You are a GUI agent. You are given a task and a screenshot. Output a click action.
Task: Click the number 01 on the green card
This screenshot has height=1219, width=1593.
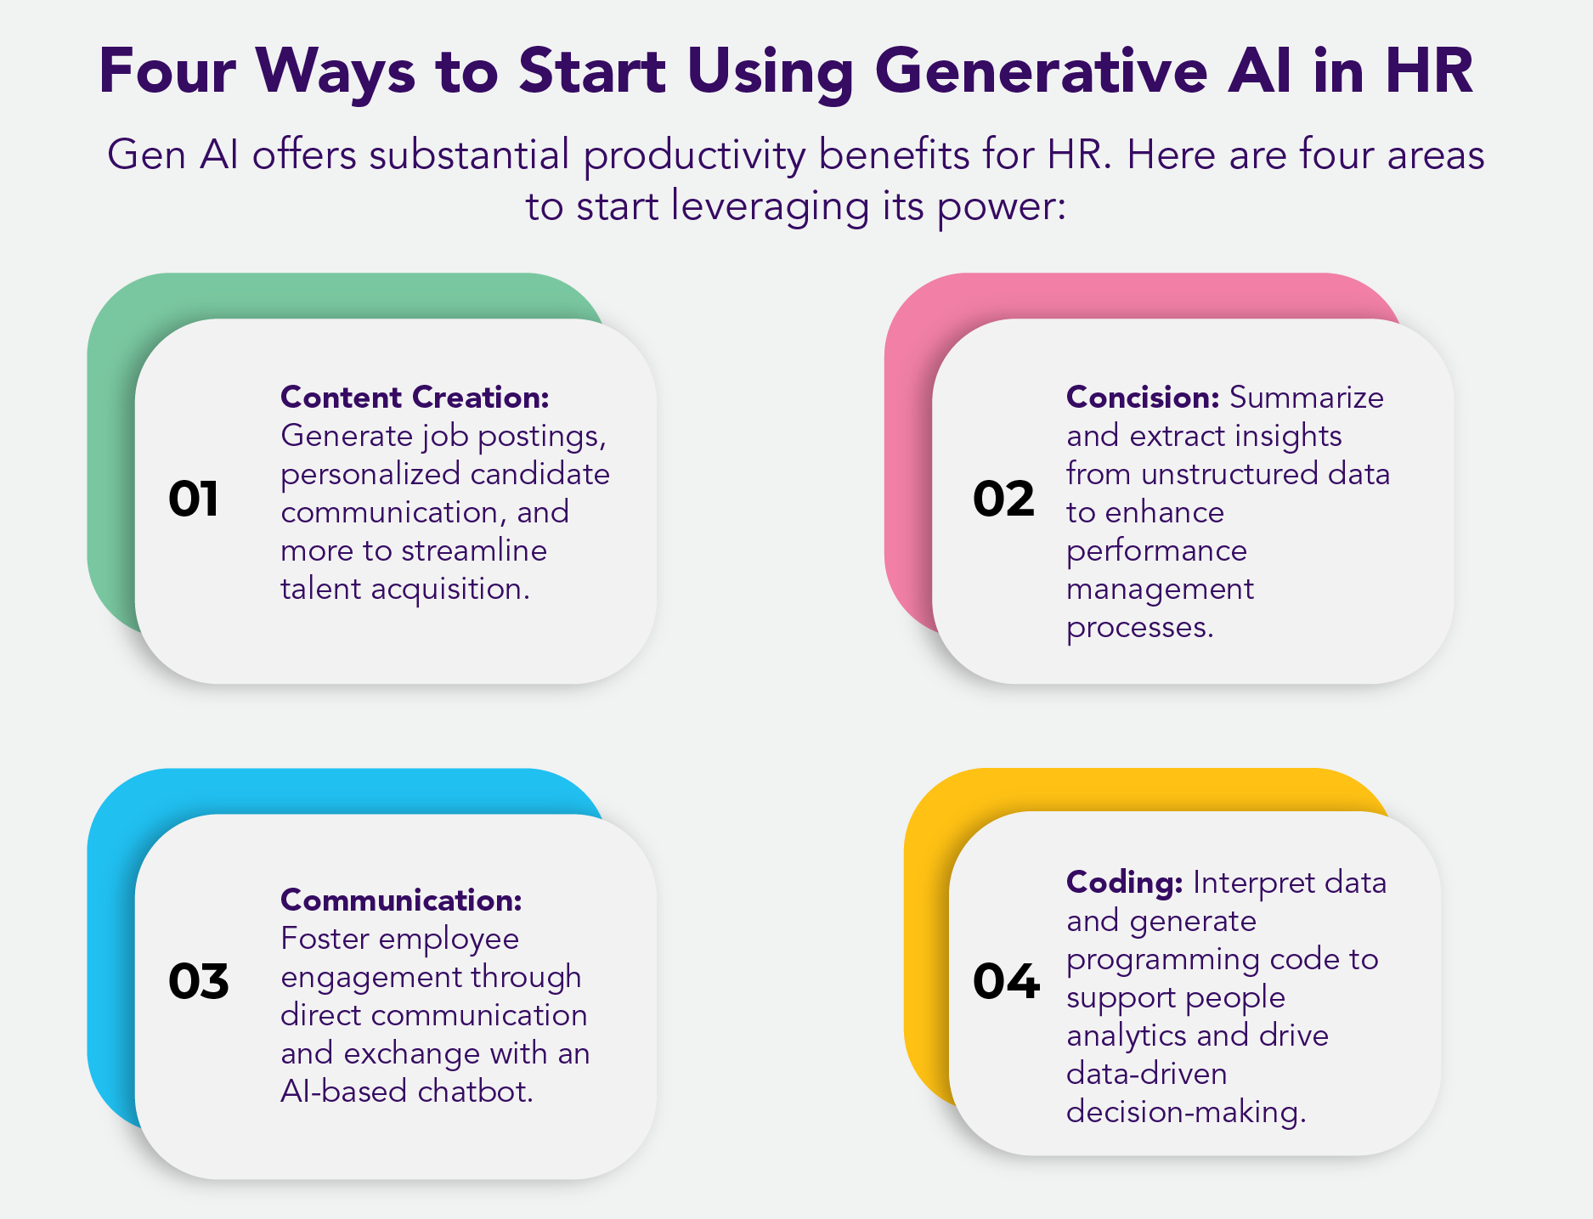(x=194, y=499)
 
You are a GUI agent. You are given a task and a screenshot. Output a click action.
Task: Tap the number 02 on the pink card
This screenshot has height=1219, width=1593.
(x=1003, y=499)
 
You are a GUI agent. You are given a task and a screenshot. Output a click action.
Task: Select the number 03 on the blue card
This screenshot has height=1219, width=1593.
(x=199, y=981)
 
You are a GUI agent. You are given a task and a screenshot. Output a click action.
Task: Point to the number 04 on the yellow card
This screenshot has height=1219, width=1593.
(x=1006, y=981)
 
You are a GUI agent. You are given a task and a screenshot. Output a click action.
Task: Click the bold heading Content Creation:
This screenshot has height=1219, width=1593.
(x=415, y=397)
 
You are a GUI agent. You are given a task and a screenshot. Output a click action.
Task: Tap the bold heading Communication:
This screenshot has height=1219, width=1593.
(x=402, y=900)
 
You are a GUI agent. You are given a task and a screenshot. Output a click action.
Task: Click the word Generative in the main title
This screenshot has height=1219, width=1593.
(x=1041, y=71)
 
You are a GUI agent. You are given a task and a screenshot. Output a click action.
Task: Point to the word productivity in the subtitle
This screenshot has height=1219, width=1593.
(x=694, y=156)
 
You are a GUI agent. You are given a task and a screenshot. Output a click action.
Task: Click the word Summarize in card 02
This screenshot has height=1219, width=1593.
(x=1307, y=397)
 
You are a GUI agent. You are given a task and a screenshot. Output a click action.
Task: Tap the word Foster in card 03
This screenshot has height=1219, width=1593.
(x=325, y=938)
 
